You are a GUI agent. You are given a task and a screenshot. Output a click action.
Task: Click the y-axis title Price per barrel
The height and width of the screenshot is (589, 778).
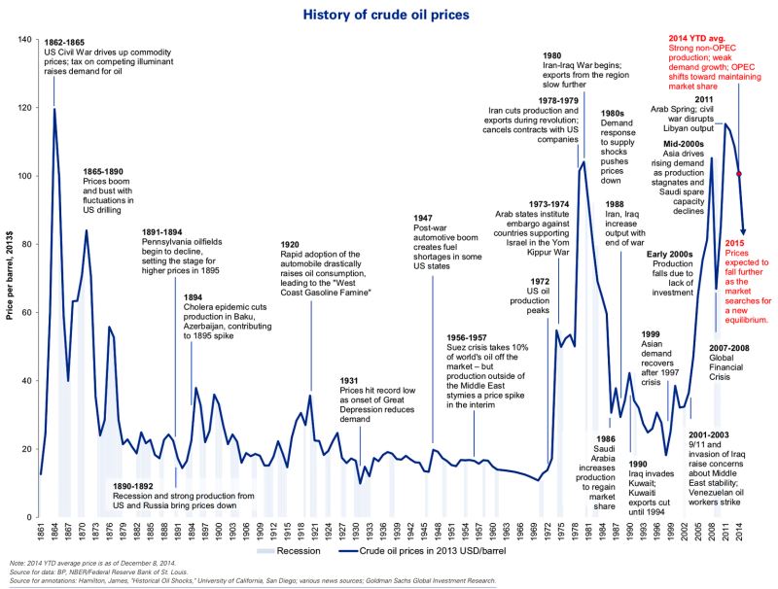[9, 263]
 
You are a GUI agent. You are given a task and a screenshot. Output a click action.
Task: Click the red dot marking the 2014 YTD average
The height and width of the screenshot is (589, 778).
[739, 174]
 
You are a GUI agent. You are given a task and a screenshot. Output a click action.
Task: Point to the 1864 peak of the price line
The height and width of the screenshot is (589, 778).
[53, 109]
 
